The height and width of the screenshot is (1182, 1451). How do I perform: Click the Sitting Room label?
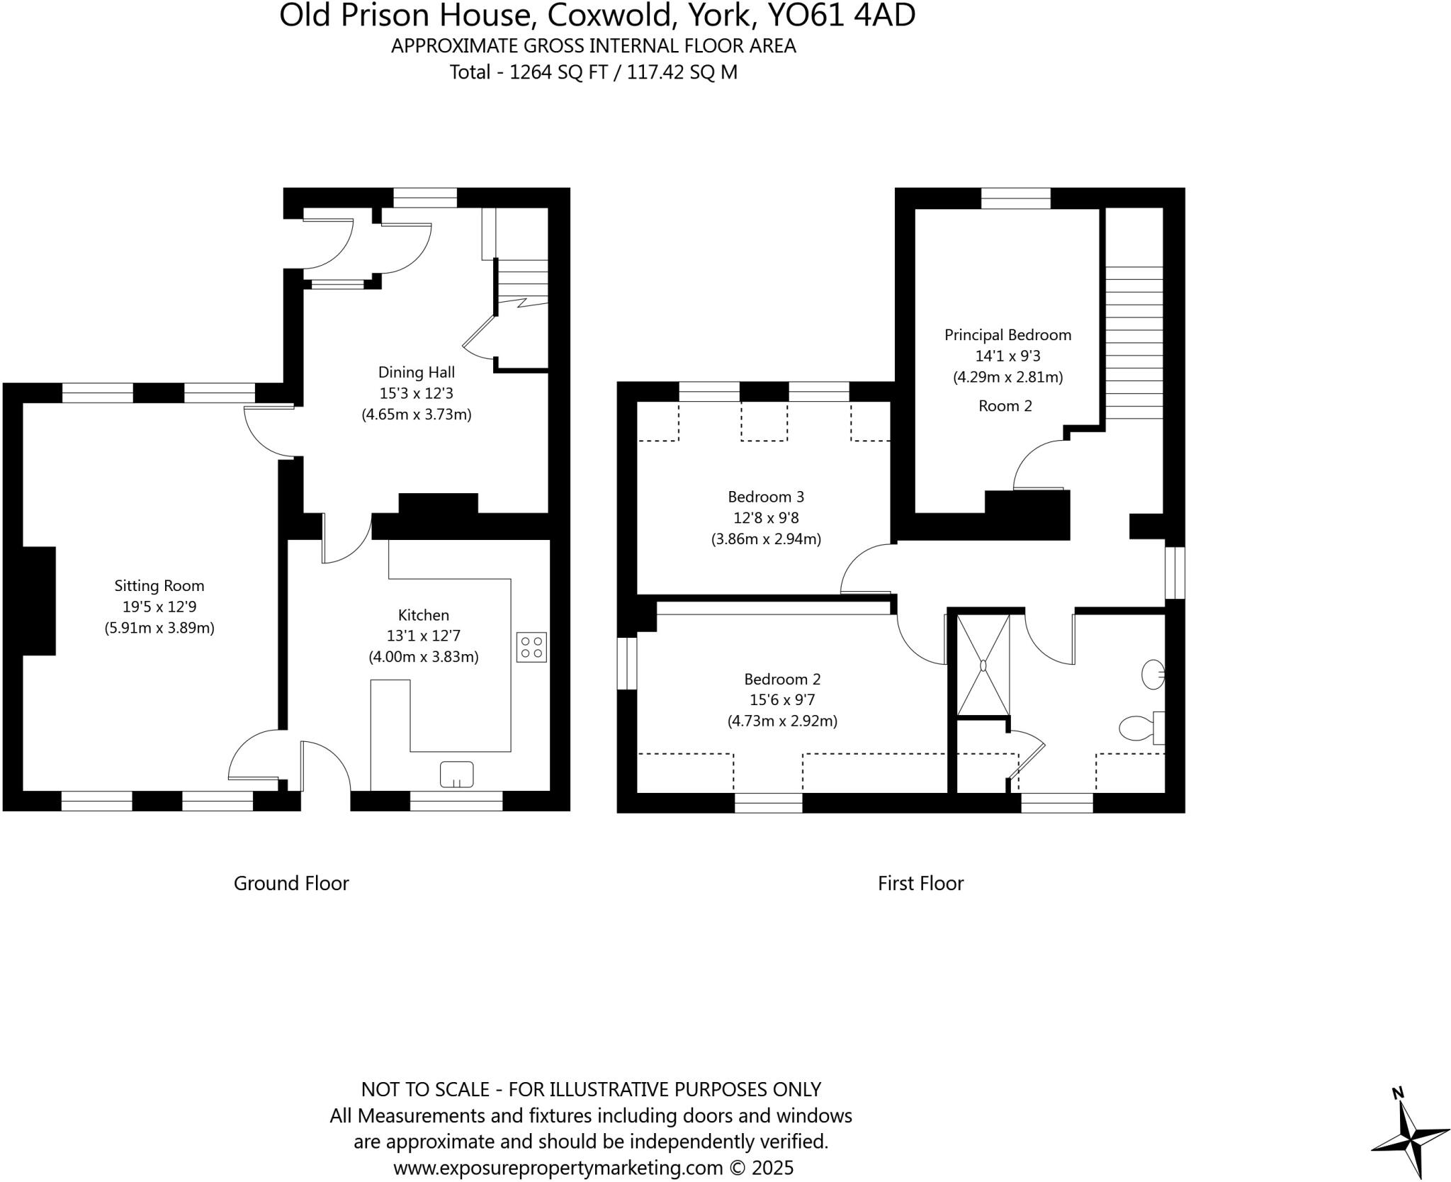[x=159, y=585]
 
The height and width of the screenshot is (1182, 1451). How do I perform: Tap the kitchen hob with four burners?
[x=531, y=646]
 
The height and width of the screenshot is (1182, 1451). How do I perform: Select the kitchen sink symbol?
[x=456, y=774]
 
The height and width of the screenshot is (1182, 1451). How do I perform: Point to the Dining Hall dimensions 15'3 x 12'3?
[x=417, y=393]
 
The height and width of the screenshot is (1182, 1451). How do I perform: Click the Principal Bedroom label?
[x=1007, y=334]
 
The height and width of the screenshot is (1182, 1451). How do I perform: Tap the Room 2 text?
[x=1005, y=405]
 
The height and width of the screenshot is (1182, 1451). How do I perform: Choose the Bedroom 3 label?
[x=766, y=497]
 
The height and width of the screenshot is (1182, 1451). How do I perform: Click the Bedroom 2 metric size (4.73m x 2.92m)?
[x=782, y=721]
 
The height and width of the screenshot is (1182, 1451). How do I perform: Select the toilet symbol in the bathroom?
[x=1138, y=727]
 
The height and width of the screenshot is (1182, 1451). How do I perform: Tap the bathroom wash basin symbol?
[x=1153, y=675]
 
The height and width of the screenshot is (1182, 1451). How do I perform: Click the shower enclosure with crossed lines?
[x=983, y=665]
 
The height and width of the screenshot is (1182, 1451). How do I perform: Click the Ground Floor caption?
[x=291, y=883]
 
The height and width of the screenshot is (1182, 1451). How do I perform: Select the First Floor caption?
[x=920, y=883]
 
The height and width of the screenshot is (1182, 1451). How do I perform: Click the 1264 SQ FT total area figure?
[x=558, y=72]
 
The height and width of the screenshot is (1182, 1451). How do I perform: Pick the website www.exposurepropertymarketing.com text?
[x=558, y=1168]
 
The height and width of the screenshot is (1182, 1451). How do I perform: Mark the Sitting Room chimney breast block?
[x=39, y=600]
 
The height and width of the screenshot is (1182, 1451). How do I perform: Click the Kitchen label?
[x=424, y=615]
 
